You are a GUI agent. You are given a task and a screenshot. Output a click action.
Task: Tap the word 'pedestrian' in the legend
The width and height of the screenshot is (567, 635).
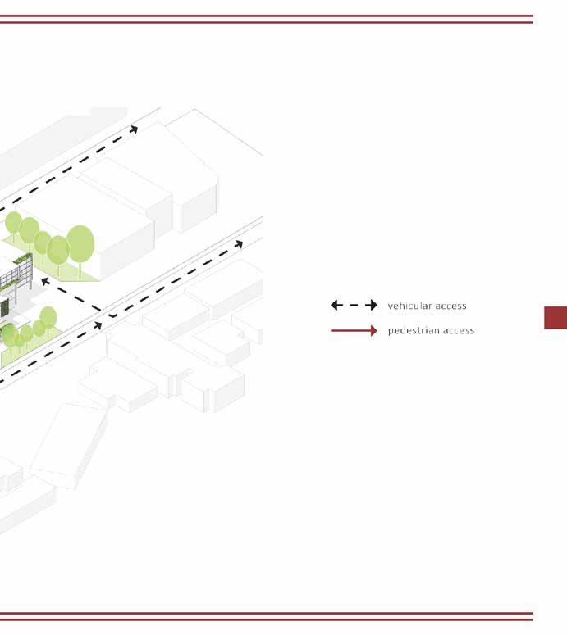[x=413, y=330]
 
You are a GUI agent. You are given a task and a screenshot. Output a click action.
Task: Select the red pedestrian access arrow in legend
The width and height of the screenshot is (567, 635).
[x=354, y=330]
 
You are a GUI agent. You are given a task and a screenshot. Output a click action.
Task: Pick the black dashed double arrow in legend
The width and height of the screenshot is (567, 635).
[x=354, y=306]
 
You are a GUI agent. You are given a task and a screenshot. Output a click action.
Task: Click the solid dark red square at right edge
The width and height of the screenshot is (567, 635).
[x=556, y=318]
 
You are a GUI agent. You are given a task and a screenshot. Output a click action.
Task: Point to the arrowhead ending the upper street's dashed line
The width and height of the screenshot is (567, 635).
[x=134, y=129]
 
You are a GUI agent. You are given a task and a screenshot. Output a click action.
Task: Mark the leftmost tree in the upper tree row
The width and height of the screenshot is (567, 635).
[x=13, y=222]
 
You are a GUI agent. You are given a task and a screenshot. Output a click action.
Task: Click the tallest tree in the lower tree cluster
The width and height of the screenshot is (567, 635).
[x=48, y=316]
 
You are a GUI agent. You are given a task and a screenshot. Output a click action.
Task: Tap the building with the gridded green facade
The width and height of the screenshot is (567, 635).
[x=16, y=273]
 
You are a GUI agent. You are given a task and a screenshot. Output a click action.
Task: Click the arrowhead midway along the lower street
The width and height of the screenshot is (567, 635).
[x=98, y=326]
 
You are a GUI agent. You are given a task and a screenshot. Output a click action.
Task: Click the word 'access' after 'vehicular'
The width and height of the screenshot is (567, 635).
[x=450, y=306]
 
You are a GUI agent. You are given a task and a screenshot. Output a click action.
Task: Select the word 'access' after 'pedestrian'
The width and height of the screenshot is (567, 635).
[x=458, y=330]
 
